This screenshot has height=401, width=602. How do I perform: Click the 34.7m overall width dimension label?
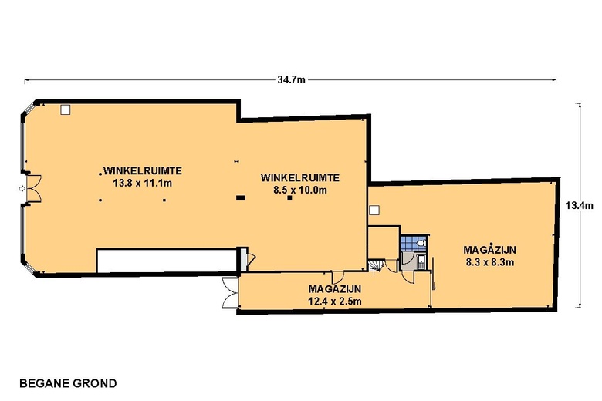292,80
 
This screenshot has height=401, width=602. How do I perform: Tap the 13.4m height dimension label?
580,206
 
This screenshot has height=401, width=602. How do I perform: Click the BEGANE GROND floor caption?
68,383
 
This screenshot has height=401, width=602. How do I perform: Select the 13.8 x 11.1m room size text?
143,183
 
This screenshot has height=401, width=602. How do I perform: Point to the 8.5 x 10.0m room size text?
300,190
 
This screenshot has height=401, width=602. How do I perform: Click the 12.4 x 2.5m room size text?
335,302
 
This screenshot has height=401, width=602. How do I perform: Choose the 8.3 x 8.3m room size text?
490,262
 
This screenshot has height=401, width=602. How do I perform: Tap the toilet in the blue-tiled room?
421,243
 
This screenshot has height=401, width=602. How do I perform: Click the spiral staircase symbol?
375,265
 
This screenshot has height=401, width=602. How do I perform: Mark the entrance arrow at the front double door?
22,188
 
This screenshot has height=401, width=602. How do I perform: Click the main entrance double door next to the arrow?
34,188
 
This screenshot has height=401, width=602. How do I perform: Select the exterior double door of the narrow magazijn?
230,292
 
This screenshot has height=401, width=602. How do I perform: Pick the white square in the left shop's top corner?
66,110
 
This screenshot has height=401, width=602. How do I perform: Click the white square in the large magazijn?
374,210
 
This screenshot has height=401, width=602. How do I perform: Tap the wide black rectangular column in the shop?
241,198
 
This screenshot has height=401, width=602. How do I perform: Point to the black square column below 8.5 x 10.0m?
290,198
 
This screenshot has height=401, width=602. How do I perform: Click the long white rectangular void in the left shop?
166,261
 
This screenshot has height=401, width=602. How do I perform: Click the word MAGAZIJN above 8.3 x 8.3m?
490,250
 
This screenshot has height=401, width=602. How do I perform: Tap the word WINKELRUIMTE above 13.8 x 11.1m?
143,170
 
